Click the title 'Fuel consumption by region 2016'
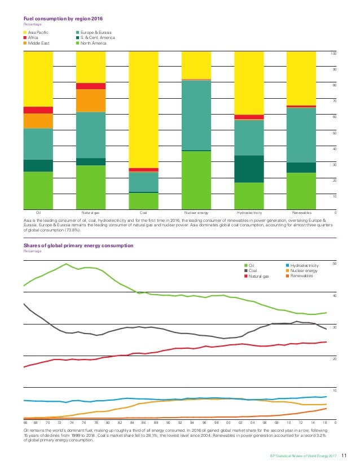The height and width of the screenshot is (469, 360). tap(56, 19)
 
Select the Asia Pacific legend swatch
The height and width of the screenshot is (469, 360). tap(25, 32)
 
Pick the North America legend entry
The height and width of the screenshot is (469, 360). tap(94, 43)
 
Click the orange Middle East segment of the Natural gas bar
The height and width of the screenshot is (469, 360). tap(91, 100)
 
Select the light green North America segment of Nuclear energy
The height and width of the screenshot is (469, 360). tap(196, 180)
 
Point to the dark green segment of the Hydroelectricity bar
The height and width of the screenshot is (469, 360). tap(249, 169)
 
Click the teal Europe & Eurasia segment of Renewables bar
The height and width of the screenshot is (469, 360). tap(301, 135)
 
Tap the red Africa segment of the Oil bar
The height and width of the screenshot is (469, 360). tap(38, 110)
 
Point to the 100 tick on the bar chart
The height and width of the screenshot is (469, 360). tap(333, 54)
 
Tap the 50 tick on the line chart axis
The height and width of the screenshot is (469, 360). tap(333, 264)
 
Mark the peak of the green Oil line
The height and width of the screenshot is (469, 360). tap(67, 264)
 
